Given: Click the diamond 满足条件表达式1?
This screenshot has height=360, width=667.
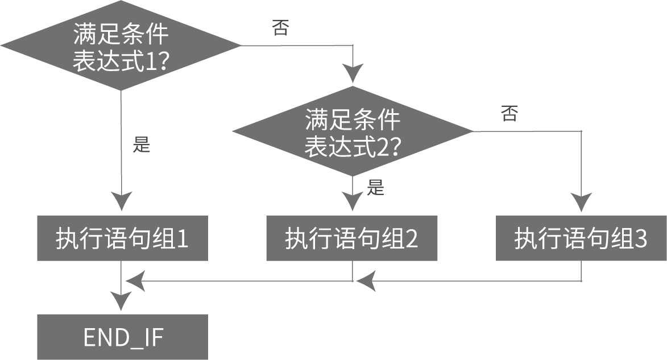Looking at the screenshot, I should click(121, 45).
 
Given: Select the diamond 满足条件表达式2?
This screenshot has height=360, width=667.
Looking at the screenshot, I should click(353, 132).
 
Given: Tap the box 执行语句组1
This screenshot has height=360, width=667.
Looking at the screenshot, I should click(122, 238).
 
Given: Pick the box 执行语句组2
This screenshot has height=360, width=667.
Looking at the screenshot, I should click(352, 238).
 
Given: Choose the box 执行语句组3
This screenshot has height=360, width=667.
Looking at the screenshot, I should click(581, 238).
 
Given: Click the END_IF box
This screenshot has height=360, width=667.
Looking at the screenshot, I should click(122, 337).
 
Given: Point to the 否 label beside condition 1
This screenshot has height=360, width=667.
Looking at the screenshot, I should click(280, 28).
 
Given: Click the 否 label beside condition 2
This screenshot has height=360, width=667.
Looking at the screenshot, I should click(509, 114).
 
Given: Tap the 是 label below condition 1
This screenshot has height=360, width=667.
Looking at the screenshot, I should click(142, 145).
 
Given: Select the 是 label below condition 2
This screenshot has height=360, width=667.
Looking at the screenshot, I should click(375, 187).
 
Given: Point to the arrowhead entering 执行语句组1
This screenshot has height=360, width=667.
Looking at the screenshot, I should click(122, 202).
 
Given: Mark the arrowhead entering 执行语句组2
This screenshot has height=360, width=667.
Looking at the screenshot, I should click(353, 202).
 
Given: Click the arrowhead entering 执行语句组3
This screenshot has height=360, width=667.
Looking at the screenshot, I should click(582, 202).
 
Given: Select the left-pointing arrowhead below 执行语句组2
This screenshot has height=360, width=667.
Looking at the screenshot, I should click(366, 281).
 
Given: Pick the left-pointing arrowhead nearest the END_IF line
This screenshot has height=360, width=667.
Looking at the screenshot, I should click(134, 280).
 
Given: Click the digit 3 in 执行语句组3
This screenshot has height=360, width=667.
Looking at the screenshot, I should click(641, 239).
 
